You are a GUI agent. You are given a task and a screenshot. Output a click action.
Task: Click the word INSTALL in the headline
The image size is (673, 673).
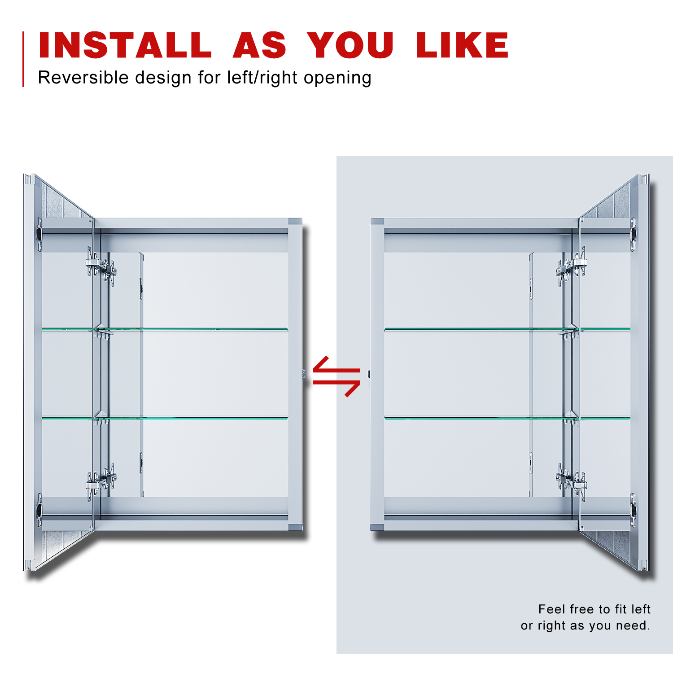(x=125, y=45)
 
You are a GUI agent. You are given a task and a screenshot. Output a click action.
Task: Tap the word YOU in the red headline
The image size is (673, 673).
(x=350, y=45)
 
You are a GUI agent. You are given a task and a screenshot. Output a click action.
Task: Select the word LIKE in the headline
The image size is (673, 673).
(x=462, y=45)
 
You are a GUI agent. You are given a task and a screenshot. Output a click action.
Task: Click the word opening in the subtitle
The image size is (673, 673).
(x=337, y=79)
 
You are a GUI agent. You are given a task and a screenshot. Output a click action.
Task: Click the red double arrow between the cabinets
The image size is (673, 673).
(x=336, y=376)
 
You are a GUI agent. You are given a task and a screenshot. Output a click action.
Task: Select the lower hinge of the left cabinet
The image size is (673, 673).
(x=101, y=481)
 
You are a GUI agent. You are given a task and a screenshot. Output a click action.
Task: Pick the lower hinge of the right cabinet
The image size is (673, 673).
(x=571, y=481)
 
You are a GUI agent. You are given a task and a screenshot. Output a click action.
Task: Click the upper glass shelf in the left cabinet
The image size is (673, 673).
(x=165, y=330)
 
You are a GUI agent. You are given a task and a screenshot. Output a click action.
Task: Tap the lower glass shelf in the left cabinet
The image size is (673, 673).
(x=165, y=418)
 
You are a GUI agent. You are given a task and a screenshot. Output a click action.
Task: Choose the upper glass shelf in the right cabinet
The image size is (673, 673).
(x=507, y=330)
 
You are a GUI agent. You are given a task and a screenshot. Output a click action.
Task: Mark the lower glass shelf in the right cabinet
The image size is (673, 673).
(x=507, y=418)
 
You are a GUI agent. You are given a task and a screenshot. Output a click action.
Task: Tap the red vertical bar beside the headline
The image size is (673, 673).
(x=23, y=59)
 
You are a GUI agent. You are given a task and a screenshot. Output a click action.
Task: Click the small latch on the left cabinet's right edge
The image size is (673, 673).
(x=304, y=373)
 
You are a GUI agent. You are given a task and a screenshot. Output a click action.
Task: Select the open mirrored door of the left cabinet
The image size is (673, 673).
(x=58, y=372)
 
